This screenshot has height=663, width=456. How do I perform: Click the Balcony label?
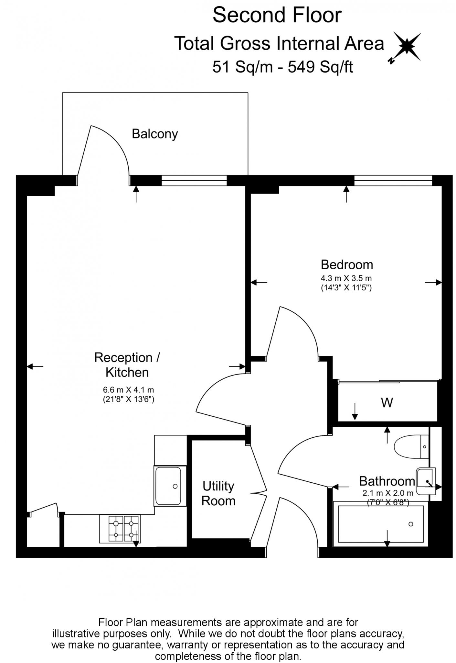click(155, 134)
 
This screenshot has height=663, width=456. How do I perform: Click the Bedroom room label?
click(347, 264)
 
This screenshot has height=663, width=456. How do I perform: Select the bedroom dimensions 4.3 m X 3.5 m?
click(346, 278)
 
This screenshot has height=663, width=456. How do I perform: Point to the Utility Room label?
click(218, 493)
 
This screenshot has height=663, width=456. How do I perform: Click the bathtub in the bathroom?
click(380, 524)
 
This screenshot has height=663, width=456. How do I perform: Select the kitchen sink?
click(168, 486)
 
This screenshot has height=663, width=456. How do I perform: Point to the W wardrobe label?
click(387, 403)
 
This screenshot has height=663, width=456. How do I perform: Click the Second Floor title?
click(277, 15)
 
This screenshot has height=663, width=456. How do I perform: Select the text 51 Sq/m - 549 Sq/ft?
click(282, 67)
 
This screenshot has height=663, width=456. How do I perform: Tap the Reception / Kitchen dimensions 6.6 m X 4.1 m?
click(128, 390)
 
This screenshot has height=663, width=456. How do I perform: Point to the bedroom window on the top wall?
click(393, 180)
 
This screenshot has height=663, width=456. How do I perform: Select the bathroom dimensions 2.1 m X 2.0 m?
click(388, 493)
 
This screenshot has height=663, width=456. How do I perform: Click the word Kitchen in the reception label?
click(127, 372)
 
